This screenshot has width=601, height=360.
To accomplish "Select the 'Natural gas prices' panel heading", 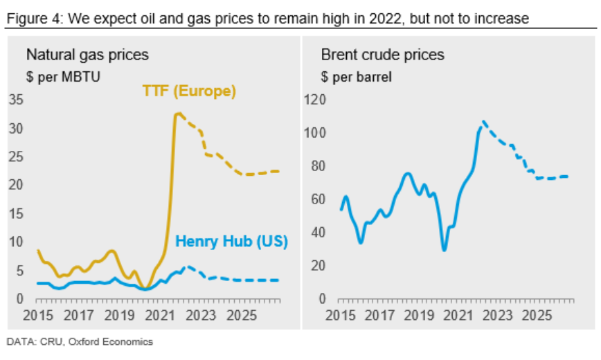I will (x=87, y=54).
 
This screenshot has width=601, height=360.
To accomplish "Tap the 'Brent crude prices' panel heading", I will (x=382, y=54).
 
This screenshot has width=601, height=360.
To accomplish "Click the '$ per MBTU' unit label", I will (x=63, y=76).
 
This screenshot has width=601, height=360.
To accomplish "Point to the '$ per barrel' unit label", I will (x=356, y=76).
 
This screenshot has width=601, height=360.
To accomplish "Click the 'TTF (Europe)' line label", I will (x=189, y=91).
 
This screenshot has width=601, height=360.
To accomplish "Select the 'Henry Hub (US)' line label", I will (x=231, y=242).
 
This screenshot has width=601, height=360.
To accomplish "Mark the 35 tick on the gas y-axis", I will (x=17, y=100).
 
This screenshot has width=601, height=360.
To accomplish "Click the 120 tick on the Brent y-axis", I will (x=314, y=100).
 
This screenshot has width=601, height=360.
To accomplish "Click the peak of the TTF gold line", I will (x=178, y=114).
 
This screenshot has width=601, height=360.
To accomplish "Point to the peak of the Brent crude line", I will (x=483, y=121).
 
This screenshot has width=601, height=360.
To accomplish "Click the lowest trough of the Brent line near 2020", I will (x=444, y=250).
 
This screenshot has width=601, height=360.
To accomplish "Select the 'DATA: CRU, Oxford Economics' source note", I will (x=80, y=341).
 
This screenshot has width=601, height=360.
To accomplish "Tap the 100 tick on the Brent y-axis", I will (x=314, y=133).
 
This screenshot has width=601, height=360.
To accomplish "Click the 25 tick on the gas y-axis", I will (x=17, y=156).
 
